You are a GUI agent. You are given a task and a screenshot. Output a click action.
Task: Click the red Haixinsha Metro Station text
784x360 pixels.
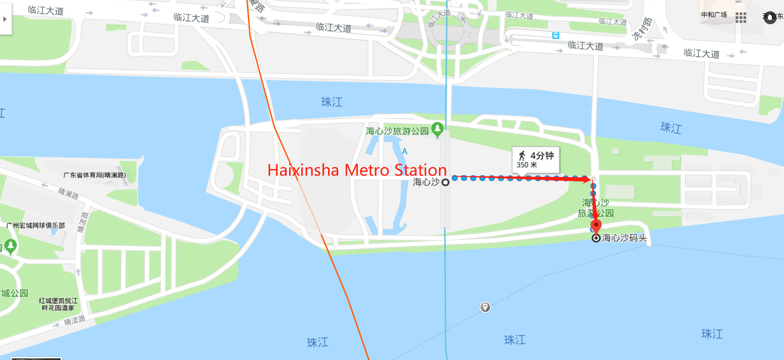[x=357, y=170]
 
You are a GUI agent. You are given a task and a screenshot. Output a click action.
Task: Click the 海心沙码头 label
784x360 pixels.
[x=624, y=238]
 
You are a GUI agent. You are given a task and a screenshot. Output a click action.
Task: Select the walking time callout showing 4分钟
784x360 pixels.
[x=536, y=160]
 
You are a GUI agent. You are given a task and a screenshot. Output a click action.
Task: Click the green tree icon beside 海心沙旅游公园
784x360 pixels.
[x=437, y=129]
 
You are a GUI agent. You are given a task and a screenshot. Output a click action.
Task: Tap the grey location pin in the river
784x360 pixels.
[x=485, y=307]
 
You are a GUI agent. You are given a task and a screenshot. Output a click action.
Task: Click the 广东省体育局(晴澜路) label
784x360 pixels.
[x=94, y=175]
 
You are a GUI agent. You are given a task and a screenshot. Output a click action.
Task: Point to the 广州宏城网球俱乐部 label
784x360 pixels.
[x=35, y=225]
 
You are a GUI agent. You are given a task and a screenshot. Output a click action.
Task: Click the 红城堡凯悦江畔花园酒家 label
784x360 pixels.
[x=58, y=304]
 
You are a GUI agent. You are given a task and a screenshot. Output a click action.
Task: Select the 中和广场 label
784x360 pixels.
[x=714, y=15]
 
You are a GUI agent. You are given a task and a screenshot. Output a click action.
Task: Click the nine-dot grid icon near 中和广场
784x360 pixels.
[x=741, y=17]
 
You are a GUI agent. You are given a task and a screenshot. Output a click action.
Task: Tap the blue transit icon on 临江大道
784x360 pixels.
[x=556, y=35]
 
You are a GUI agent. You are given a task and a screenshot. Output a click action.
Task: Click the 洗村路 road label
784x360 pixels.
[x=642, y=29]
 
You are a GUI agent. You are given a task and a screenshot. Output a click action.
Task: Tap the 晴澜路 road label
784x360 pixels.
[x=68, y=193]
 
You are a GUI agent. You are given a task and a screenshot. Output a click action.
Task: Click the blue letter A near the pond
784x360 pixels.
[x=405, y=151]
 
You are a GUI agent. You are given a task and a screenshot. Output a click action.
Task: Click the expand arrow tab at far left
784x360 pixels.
[x=5, y=19]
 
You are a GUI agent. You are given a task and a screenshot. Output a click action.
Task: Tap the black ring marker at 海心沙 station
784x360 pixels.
[x=445, y=183]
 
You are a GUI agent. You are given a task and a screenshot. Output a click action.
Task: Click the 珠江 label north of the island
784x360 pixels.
[x=332, y=102]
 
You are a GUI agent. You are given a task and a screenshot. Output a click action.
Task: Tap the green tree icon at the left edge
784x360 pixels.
[x=10, y=246]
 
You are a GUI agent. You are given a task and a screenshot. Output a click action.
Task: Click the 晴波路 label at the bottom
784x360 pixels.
[x=74, y=321]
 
